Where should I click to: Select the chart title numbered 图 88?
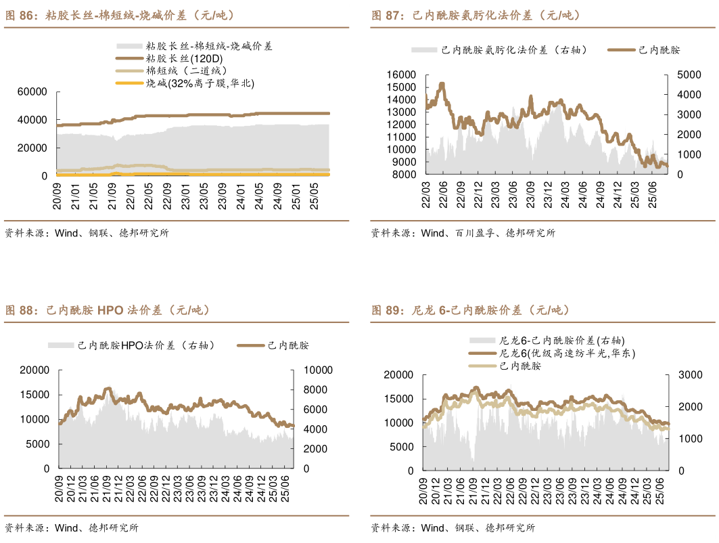coord(108,310)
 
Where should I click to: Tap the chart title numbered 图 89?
coord(470,310)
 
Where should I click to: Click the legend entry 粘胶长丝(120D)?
coord(184,59)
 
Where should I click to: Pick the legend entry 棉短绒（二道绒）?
coord(189,71)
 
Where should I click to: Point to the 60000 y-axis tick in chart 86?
coord(32,91)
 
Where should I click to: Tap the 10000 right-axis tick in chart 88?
coord(315,370)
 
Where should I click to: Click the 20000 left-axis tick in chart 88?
coord(34,370)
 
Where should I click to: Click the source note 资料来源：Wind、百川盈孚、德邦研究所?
coord(463,233)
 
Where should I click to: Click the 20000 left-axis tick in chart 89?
coord(398,374)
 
